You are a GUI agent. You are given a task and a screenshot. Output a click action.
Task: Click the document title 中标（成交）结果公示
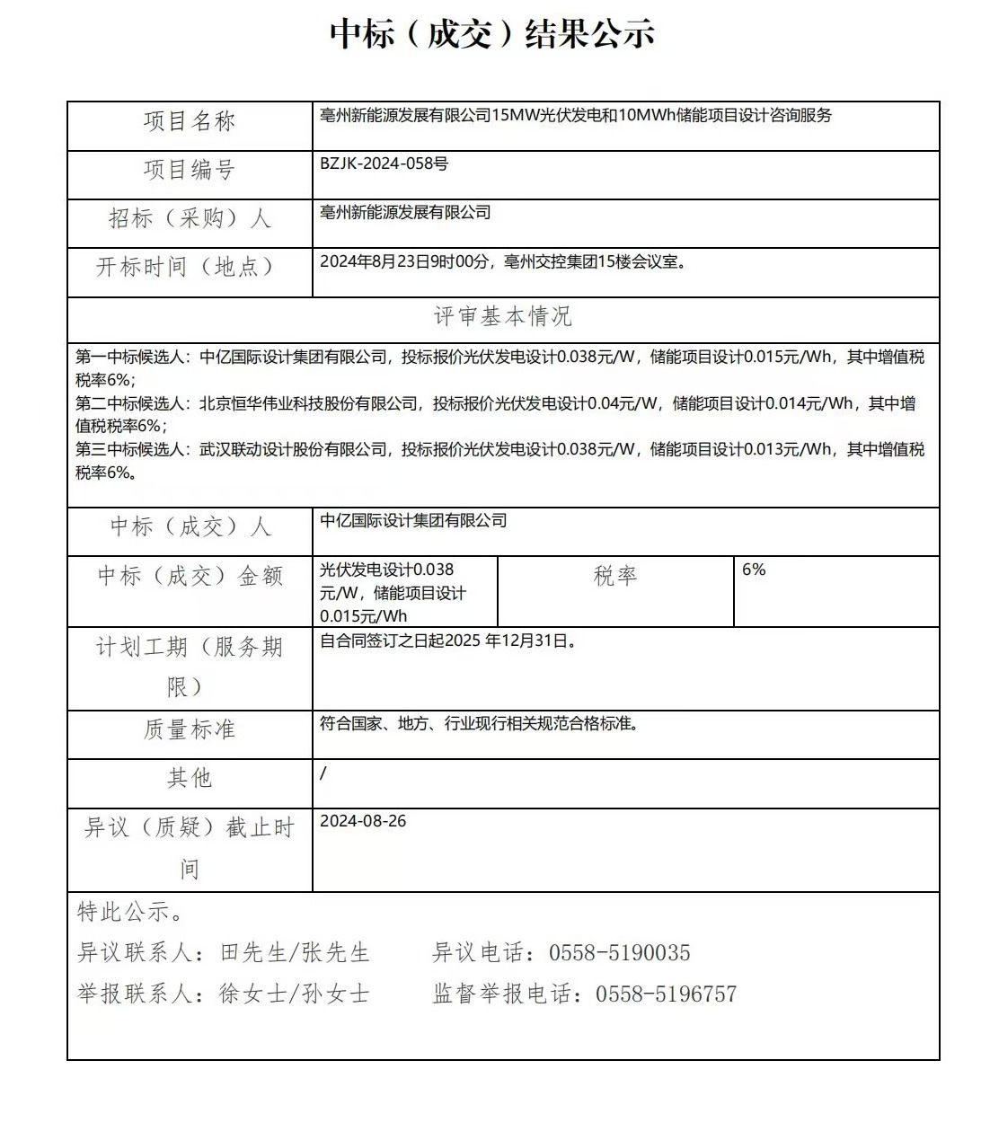[x=492, y=34]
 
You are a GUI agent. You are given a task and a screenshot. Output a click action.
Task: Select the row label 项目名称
[x=190, y=122]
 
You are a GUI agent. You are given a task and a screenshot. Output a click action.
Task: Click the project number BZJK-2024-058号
[x=384, y=163]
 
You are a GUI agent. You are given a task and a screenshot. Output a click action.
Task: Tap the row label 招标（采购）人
[x=190, y=219]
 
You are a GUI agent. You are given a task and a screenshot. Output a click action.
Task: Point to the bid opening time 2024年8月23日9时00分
[x=407, y=262]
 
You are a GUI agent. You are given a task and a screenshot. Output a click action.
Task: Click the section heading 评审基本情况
[x=503, y=316]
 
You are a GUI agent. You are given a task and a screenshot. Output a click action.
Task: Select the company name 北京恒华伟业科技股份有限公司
[x=308, y=403]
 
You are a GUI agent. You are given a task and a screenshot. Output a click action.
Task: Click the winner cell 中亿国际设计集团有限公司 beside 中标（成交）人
[x=413, y=520]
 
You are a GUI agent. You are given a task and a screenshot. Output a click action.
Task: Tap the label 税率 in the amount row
[x=615, y=576]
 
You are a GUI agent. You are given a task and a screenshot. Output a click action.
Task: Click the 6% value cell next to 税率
[x=754, y=570]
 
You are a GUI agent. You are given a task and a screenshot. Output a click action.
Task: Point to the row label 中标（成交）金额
[x=190, y=576]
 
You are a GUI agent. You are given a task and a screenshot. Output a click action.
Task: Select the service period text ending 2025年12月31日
[x=447, y=641]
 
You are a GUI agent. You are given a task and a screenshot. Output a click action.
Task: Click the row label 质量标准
[x=190, y=729]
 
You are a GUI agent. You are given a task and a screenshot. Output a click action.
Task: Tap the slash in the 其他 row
[x=323, y=773]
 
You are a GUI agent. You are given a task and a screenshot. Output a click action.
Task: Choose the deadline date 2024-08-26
[x=363, y=821]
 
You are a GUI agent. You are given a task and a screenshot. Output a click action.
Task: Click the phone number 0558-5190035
[x=620, y=953]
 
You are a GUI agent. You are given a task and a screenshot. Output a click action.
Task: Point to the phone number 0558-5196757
[x=666, y=994]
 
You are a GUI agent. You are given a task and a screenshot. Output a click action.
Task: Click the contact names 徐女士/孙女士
[x=294, y=994]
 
